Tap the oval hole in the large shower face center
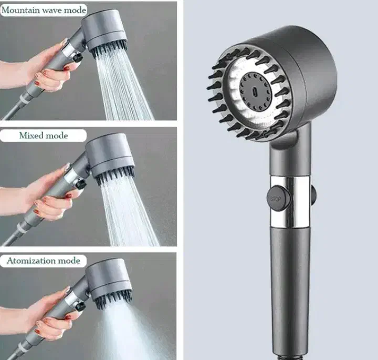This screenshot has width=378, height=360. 255,92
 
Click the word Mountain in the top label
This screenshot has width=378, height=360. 20,11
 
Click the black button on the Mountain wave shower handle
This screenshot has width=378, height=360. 78,58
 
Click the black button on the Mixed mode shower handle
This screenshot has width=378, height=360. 81,184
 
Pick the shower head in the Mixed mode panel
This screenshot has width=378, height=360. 110,158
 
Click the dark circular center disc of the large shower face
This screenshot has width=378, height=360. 256,92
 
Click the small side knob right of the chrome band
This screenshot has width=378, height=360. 313,194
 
